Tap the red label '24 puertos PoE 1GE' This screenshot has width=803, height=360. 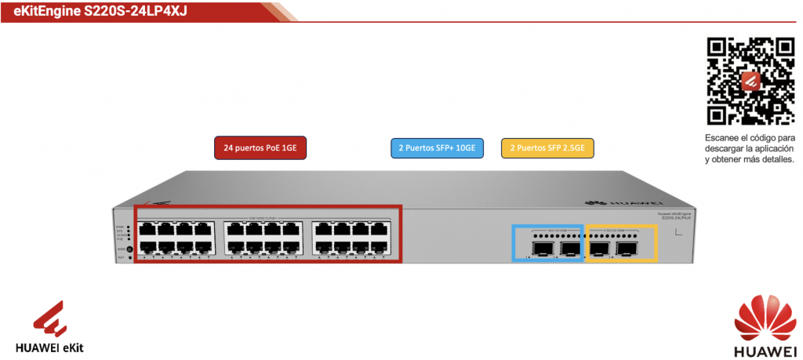(260, 147)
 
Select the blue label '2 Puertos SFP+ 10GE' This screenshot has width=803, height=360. (437, 147)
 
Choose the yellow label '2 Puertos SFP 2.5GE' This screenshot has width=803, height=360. (547, 147)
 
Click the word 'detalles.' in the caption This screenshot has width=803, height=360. (776, 159)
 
